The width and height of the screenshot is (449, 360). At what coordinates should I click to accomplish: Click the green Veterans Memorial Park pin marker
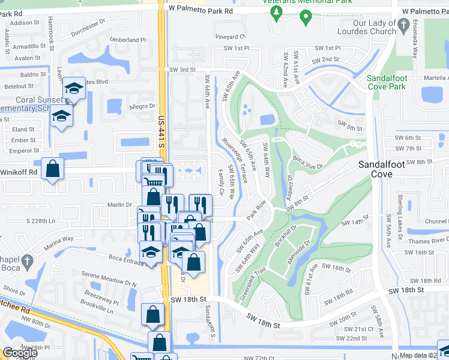tap(306, 17)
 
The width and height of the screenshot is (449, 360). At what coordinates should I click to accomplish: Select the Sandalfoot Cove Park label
tap(395, 82)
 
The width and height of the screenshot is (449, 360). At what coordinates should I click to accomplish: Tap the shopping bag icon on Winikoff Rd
tap(52, 169)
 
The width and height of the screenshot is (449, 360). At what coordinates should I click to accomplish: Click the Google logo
tap(20, 353)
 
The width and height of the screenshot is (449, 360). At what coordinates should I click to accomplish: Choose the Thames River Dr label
tap(424, 239)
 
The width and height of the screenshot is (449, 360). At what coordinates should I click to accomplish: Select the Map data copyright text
tap(423, 355)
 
